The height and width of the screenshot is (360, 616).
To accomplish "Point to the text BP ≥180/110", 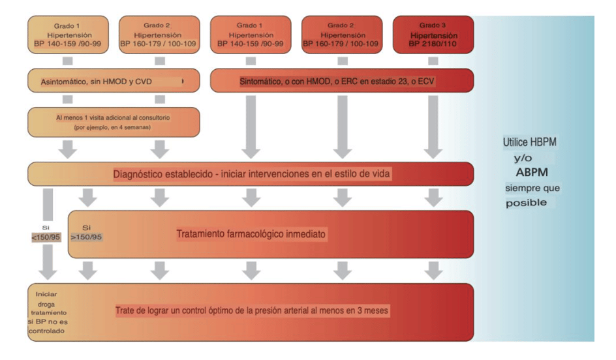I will (x=433, y=44).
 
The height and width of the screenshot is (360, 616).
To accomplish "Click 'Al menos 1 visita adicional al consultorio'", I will (x=113, y=117).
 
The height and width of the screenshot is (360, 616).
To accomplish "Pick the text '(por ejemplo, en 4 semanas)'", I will (x=113, y=128).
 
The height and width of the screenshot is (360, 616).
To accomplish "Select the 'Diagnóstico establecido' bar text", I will (x=252, y=174).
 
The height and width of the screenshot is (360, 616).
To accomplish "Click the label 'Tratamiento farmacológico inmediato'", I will (x=251, y=233).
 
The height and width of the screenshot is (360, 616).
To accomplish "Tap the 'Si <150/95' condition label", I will (x=46, y=233).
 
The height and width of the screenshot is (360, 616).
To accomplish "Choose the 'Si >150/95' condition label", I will (x=86, y=233).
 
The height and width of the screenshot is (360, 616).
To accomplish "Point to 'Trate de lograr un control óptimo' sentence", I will (x=252, y=311).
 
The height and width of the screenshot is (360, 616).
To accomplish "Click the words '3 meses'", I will (x=372, y=311).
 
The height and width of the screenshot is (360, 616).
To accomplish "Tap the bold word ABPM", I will (x=533, y=173).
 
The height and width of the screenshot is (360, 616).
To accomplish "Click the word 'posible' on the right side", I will (x=526, y=203).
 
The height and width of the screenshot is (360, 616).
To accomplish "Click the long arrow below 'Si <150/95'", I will (x=48, y=262).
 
